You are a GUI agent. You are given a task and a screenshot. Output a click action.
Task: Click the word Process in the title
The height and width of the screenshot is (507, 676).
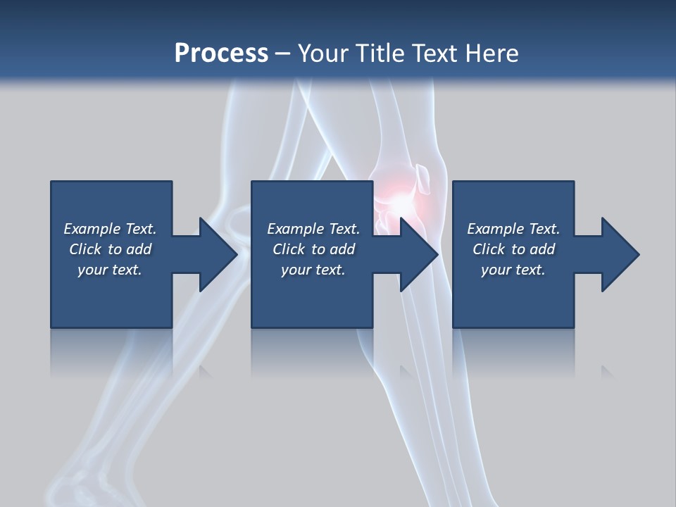221,54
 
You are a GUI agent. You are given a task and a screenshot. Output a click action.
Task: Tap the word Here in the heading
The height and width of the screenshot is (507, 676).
492,54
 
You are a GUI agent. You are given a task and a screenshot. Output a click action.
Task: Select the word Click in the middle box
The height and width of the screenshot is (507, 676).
288,249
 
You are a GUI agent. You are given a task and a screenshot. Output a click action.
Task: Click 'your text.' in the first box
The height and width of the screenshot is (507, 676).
110,270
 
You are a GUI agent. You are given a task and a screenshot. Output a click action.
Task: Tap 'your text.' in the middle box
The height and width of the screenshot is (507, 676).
313,270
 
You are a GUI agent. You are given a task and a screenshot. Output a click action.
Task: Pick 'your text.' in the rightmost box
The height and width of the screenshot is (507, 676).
513,270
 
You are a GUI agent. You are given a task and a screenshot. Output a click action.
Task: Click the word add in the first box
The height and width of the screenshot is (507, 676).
139,249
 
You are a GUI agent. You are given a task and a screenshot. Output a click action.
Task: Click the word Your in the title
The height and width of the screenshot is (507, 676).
323,54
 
